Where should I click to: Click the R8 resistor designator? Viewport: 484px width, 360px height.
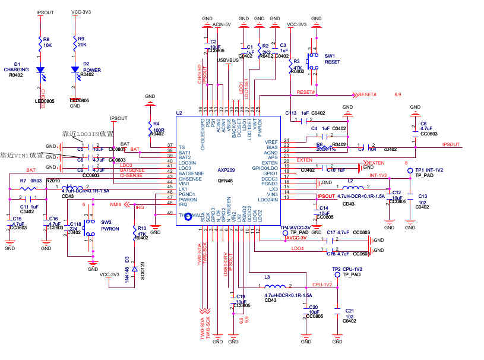click(x=46, y=39)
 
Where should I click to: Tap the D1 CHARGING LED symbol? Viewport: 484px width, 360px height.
click(x=40, y=70)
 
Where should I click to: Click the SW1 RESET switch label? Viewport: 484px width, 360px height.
click(x=332, y=58)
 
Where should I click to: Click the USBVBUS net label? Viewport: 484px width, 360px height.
click(x=227, y=60)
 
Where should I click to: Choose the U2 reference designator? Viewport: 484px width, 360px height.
click(x=179, y=112)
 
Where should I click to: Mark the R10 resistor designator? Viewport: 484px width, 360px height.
click(x=141, y=228)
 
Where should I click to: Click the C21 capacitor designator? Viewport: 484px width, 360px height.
click(x=350, y=310)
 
